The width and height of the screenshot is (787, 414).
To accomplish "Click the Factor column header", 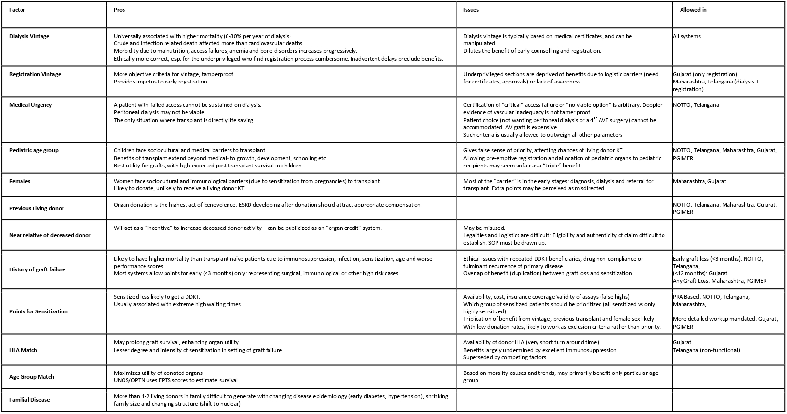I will [17, 10].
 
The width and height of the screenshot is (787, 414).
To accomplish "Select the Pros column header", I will [119, 10].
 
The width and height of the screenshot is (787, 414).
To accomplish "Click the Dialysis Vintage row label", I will [29, 36].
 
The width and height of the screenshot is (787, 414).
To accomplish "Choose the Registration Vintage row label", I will [35, 74].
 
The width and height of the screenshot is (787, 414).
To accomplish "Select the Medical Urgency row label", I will [30, 105].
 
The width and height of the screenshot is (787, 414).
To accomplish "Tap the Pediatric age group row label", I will [34, 150].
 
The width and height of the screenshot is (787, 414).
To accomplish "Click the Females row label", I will [20, 181].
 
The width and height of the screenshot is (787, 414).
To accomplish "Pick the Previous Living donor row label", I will [37, 208].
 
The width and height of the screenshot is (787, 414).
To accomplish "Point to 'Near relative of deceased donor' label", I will [50, 235].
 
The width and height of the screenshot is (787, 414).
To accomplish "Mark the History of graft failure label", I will [37, 269].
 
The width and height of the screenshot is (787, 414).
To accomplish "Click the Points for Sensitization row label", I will [39, 311].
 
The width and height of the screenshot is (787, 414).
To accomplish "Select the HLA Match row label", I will [23, 350].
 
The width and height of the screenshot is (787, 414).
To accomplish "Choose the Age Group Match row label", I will [32, 377].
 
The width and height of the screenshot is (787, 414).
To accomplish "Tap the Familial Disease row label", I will [30, 400].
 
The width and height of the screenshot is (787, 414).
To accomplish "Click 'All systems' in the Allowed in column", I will [686, 36].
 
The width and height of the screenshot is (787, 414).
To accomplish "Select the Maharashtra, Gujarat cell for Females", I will [699, 181].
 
